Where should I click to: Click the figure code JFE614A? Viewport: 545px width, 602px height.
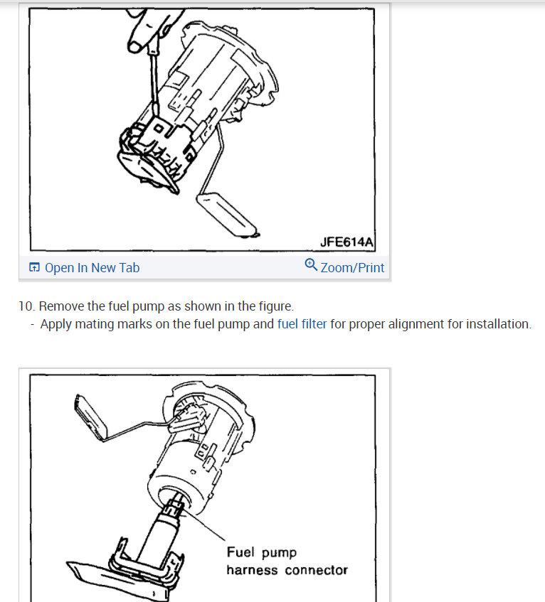[x=346, y=242]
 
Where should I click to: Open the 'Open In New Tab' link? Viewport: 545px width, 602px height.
[x=92, y=268]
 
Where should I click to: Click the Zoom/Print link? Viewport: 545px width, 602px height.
[x=352, y=268]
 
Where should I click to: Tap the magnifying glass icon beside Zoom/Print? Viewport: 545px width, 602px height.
[x=310, y=266]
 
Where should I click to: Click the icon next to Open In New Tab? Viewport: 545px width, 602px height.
[x=34, y=268]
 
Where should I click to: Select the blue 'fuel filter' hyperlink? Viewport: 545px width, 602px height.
[x=302, y=324]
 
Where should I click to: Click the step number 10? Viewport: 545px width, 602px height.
[x=26, y=306]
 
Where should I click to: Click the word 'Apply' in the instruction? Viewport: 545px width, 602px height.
[x=56, y=324]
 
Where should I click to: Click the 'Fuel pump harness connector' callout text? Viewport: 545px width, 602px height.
[x=286, y=561]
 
